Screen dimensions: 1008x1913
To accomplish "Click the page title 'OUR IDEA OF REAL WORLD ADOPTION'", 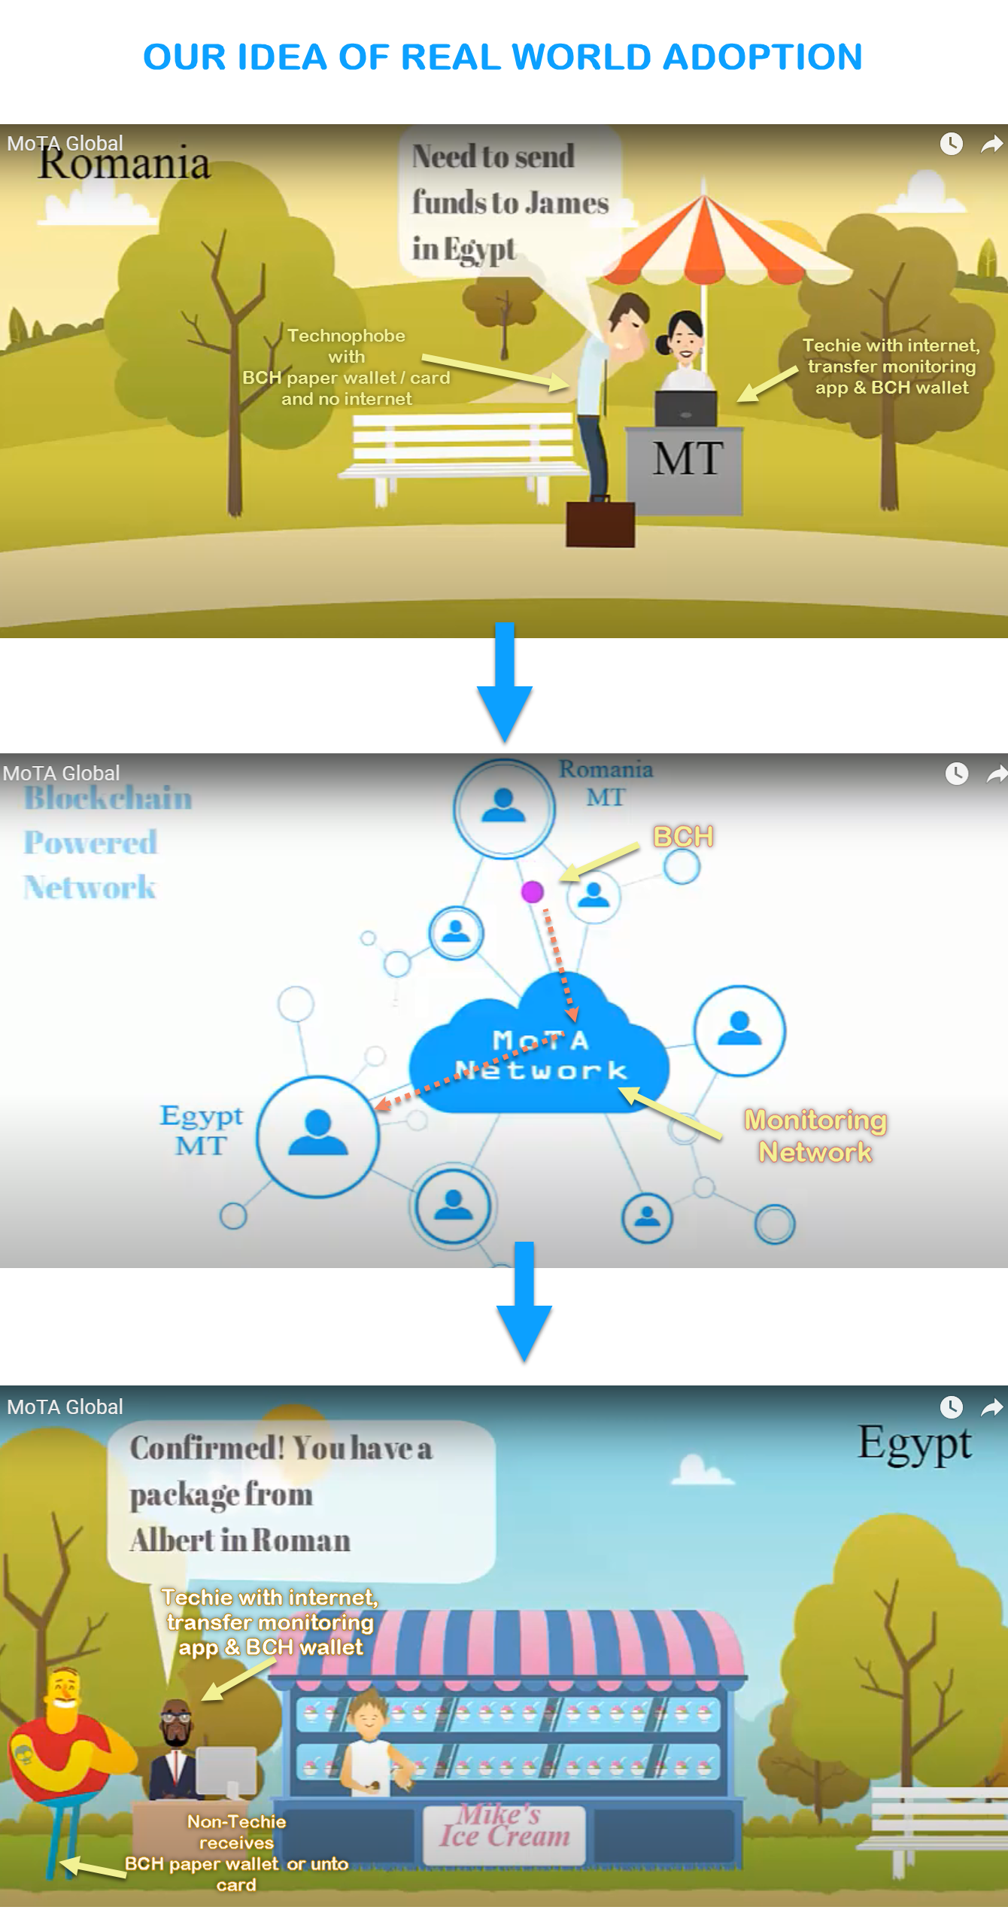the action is (x=502, y=57).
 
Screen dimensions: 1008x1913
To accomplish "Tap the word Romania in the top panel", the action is (x=124, y=164).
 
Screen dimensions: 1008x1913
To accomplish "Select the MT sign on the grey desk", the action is (x=687, y=459).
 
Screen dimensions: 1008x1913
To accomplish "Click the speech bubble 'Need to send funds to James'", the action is (x=509, y=202).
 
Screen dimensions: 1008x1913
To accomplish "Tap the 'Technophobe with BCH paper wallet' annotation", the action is (x=346, y=367).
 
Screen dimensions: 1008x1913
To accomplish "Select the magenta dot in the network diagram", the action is (x=533, y=892).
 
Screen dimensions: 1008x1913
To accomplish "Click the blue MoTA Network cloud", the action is (x=539, y=1054).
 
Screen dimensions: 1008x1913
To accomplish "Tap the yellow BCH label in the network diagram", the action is (x=683, y=837).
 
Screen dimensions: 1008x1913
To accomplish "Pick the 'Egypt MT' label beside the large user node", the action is (x=201, y=1130).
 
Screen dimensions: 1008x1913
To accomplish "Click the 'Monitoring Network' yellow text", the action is (x=815, y=1136).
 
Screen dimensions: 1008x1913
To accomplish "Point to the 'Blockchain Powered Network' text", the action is (x=107, y=843).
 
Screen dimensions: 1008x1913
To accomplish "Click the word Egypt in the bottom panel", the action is (x=914, y=1443).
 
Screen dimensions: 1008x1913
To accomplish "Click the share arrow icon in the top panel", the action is (x=991, y=144).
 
